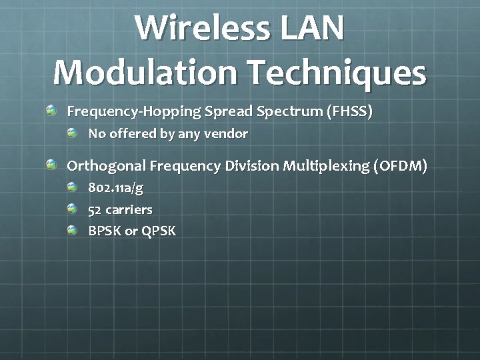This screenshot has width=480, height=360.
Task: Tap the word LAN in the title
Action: pyautogui.click(x=314, y=29)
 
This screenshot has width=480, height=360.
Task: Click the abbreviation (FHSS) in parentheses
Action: pyautogui.click(x=349, y=111)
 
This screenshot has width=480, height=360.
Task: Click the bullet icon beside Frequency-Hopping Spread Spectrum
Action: pyautogui.click(x=52, y=109)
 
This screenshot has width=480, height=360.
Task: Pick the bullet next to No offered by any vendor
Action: pyautogui.click(x=72, y=133)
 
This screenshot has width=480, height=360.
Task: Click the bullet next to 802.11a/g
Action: pyautogui.click(x=72, y=187)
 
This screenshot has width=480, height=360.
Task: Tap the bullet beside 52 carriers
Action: pyautogui.click(x=72, y=209)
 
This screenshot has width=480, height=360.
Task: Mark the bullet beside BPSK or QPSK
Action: pyautogui.click(x=72, y=230)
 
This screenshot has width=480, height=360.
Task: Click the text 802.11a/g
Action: pyautogui.click(x=115, y=188)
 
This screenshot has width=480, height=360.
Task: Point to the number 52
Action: pyautogui.click(x=95, y=209)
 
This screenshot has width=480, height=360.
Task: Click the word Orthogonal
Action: pyautogui.click(x=106, y=167)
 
